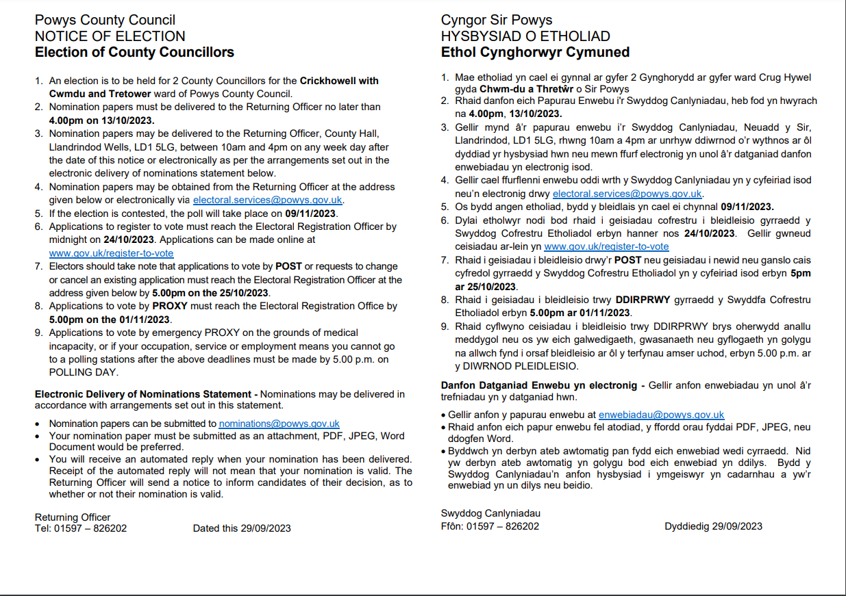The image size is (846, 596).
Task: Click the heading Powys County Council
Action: click(x=105, y=21)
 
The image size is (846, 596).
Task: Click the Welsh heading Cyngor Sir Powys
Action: click(x=497, y=21)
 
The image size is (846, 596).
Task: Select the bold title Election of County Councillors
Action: click(x=134, y=52)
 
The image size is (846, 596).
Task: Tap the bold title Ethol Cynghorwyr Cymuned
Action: click(x=535, y=52)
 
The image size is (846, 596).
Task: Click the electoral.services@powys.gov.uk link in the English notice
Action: click(x=268, y=200)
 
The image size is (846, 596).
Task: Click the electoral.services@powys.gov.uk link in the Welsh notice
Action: click(x=627, y=194)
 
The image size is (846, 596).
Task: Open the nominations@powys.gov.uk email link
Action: click(x=279, y=424)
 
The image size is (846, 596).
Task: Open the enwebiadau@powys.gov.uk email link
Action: click(x=661, y=415)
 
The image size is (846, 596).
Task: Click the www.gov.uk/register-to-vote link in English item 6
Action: click(x=111, y=253)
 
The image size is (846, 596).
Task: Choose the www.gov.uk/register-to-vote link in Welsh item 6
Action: click(x=606, y=246)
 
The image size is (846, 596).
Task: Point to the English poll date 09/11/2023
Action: click(x=312, y=213)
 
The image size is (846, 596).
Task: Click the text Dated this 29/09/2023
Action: click(x=242, y=528)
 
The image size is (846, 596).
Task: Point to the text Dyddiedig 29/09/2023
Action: click(x=713, y=526)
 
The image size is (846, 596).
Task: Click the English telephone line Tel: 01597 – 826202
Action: click(x=81, y=528)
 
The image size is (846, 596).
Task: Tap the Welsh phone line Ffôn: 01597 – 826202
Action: click(x=490, y=526)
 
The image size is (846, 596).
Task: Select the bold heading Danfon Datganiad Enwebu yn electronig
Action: click(x=539, y=385)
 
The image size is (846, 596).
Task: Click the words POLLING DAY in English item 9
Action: click(x=84, y=373)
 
